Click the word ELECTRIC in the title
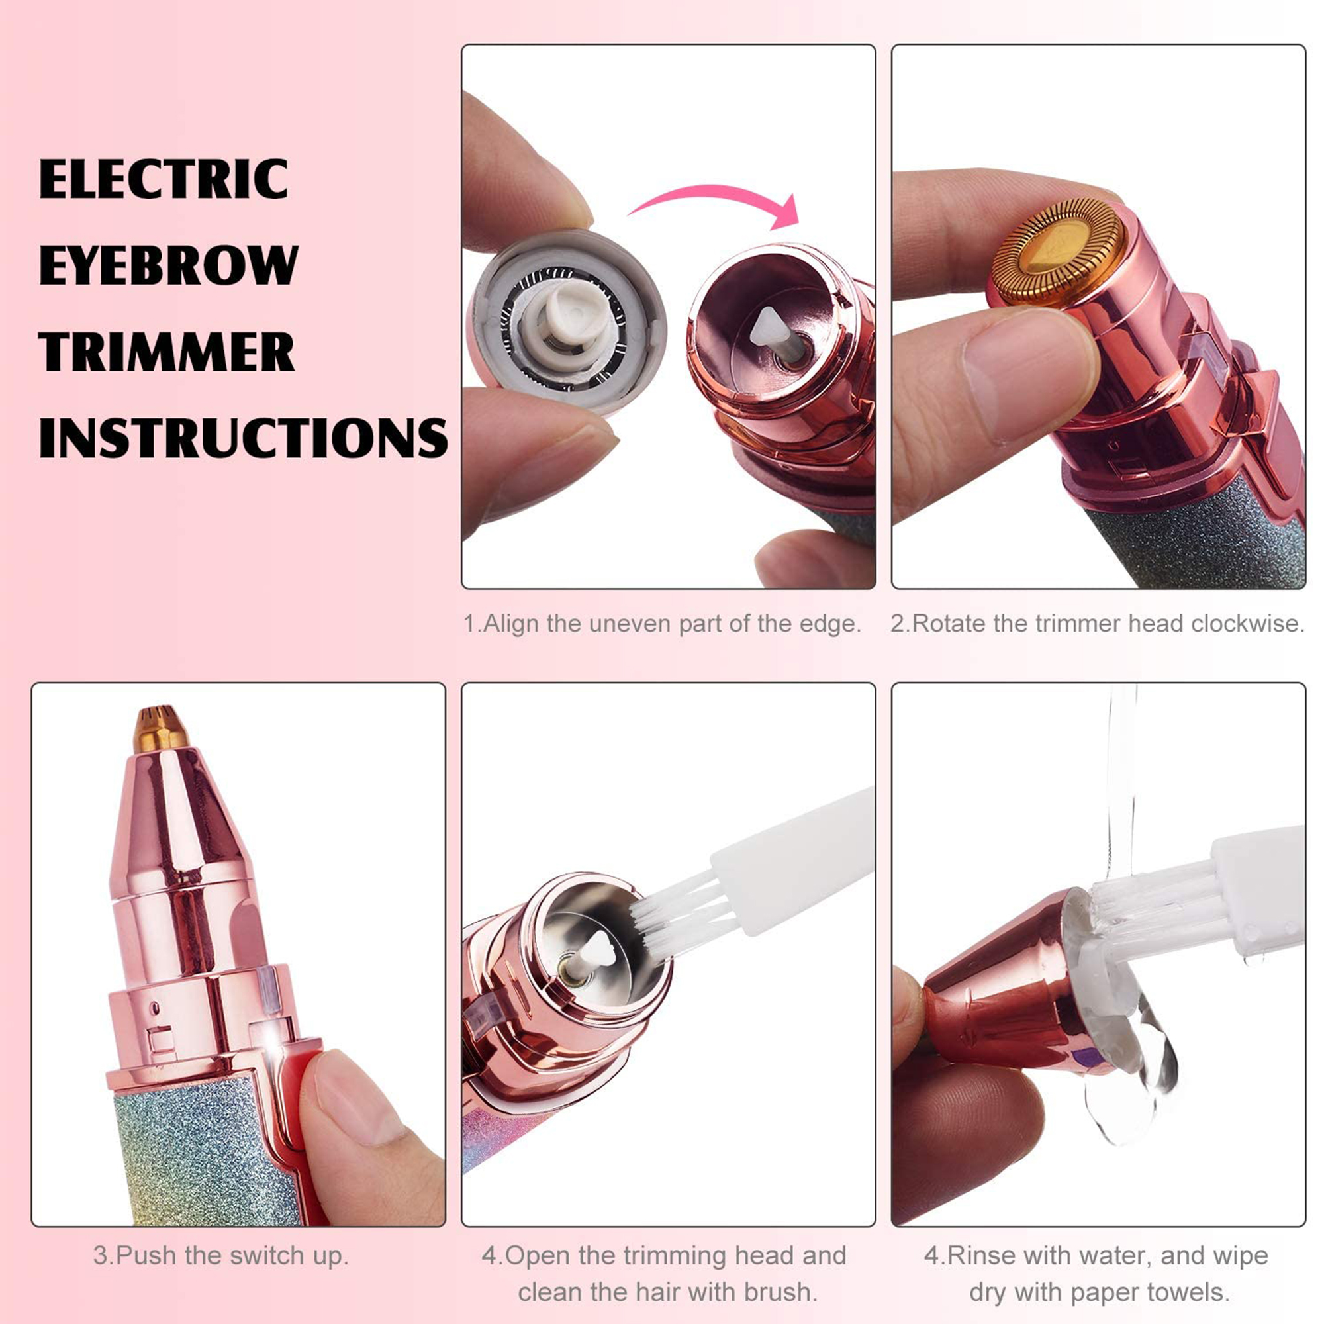click(163, 179)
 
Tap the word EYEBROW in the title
click(169, 265)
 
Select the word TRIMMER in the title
click(167, 352)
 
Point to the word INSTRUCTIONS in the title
click(243, 438)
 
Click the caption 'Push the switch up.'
click(221, 1256)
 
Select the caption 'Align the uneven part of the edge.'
click(662, 624)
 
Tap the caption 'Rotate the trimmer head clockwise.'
click(1098, 624)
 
